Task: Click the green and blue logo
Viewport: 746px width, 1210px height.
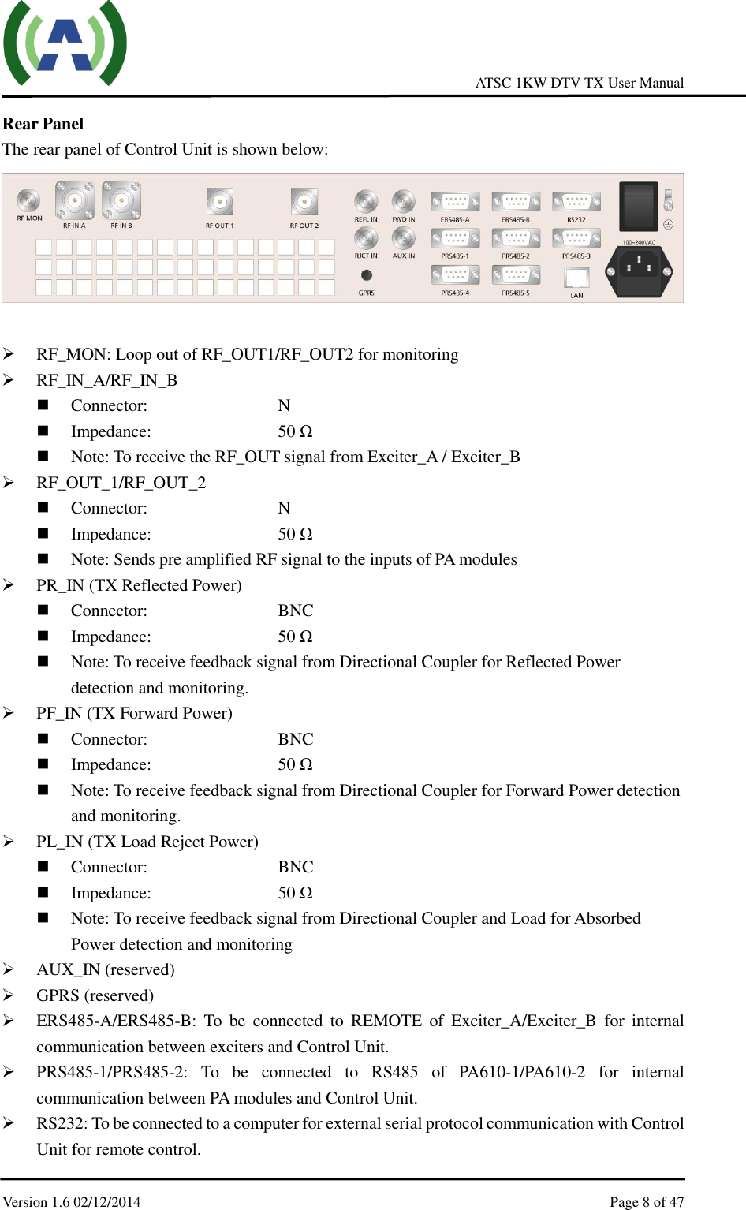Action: coord(65,43)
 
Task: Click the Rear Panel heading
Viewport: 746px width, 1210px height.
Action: coord(43,124)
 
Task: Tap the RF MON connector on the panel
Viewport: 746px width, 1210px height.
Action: coord(29,200)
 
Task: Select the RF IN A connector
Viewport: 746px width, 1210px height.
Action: coord(74,200)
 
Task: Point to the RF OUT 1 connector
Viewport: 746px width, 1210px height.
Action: coord(219,202)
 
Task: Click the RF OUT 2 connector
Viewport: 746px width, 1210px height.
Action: coord(304,202)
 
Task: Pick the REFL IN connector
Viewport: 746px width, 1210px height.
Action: coord(366,202)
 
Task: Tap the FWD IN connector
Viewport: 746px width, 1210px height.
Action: coord(404,202)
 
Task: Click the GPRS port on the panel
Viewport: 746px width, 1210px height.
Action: coord(367,275)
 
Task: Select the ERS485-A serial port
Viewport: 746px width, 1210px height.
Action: coord(455,202)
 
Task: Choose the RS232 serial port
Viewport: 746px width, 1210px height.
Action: coord(576,202)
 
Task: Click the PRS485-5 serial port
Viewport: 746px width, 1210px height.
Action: coord(516,275)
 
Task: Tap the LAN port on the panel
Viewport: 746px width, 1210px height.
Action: coord(576,278)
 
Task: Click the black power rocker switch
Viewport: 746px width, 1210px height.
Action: coord(638,206)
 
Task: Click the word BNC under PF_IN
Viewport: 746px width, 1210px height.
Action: coord(296,739)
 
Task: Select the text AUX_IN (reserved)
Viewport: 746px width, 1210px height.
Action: coord(106,969)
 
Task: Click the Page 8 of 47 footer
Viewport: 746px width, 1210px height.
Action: coord(647,1202)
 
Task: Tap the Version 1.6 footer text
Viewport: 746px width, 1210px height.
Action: coord(72,1202)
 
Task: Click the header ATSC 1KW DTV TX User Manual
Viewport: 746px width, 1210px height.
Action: coord(580,83)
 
